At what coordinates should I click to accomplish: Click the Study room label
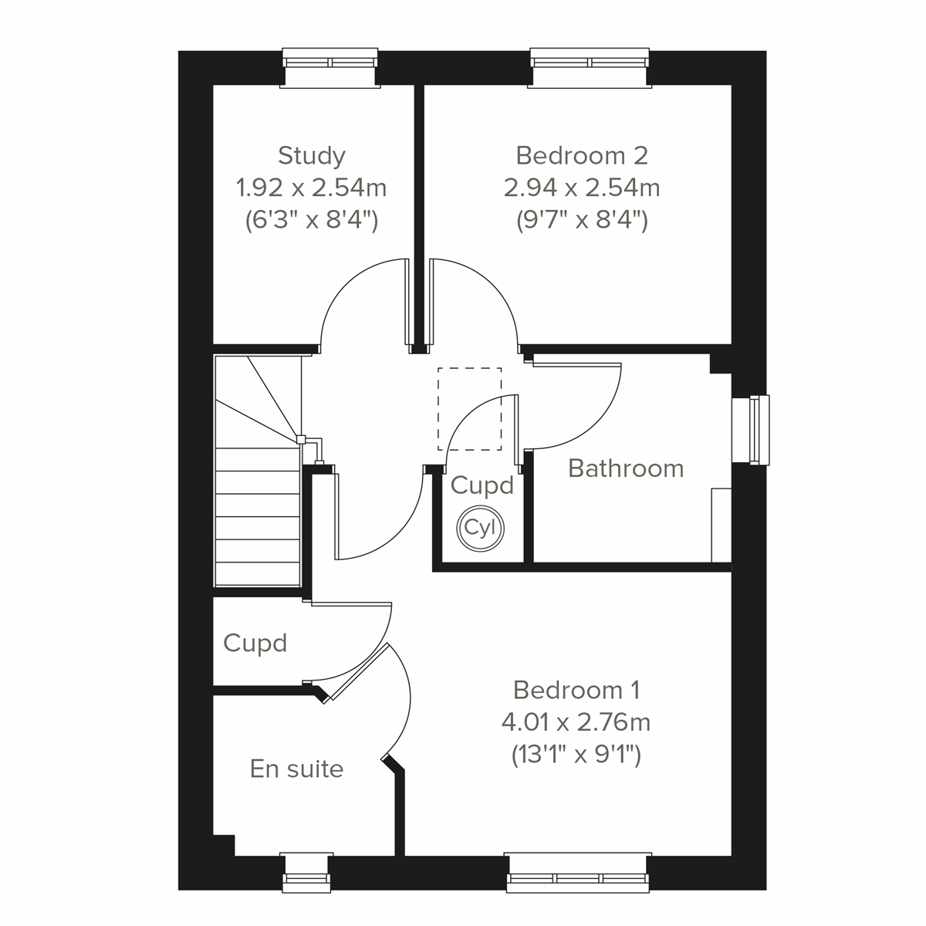pos(311,156)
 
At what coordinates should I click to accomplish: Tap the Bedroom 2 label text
pos(581,156)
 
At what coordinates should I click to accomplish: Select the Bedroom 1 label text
pos(576,689)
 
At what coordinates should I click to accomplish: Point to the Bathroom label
pos(626,468)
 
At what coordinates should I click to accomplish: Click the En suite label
pos(296,769)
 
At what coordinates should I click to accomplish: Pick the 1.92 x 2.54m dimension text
pos(311,188)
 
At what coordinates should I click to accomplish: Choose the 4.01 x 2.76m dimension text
pos(576,722)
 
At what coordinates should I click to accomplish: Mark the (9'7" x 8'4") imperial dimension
pos(581,221)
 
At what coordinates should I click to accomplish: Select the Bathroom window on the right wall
pos(759,430)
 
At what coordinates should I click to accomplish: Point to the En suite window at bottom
pos(306,871)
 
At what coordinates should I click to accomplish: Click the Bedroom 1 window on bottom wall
pos(579,871)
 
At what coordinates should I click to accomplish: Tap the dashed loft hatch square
pos(469,409)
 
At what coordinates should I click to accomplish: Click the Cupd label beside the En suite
pos(255,643)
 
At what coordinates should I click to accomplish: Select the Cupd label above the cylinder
pos(482,485)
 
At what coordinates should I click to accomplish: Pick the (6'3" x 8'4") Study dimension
pos(311,221)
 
